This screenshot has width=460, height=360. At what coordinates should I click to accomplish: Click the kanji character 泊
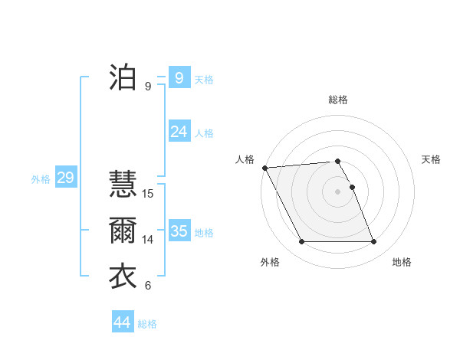click(123, 77)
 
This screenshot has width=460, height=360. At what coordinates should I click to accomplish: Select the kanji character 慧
click(123, 184)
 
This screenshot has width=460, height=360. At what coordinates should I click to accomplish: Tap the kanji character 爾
click(123, 231)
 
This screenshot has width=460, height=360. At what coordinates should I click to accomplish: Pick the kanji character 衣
click(123, 277)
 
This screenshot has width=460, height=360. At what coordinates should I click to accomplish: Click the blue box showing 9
click(179, 77)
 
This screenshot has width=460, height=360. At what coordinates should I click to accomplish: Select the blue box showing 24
click(179, 132)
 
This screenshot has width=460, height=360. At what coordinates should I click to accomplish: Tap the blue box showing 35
click(179, 231)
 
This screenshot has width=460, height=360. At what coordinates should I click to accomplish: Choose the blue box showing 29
click(65, 178)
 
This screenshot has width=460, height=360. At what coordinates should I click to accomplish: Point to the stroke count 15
click(148, 194)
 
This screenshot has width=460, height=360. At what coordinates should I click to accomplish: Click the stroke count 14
click(148, 240)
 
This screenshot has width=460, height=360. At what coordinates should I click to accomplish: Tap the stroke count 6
click(148, 286)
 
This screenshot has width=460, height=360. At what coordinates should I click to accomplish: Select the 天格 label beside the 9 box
click(204, 79)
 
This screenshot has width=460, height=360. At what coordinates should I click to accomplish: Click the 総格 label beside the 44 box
click(147, 324)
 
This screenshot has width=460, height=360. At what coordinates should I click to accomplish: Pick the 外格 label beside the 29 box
click(41, 179)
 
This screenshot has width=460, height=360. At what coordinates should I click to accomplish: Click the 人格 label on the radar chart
click(245, 159)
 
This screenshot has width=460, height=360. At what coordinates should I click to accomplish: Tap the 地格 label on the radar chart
click(402, 262)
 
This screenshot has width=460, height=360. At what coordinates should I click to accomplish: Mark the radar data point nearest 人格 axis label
click(264, 168)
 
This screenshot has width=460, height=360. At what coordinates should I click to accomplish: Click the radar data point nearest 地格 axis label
click(373, 242)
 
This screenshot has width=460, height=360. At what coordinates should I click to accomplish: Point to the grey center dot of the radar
click(337, 191)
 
